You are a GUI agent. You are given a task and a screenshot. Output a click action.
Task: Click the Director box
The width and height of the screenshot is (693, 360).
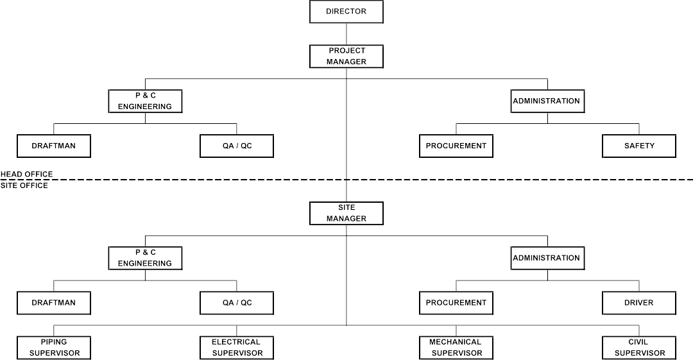click(346, 12)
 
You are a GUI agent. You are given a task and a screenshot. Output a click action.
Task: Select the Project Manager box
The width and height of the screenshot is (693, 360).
click(346, 56)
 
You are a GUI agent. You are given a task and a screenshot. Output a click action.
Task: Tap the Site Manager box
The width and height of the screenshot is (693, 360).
click(346, 213)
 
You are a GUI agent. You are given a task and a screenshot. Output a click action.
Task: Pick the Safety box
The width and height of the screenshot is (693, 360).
click(639, 146)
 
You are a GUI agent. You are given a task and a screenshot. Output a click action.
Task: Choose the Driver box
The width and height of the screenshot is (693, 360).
click(639, 303)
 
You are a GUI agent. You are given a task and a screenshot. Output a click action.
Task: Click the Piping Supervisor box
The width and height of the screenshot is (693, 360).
click(53, 348)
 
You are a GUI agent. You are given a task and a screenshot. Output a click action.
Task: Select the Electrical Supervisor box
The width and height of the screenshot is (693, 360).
click(237, 348)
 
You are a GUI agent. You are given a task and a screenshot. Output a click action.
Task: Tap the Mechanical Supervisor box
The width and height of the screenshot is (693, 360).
click(456, 348)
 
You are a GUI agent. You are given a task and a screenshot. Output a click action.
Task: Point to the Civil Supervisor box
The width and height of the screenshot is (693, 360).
click(639, 348)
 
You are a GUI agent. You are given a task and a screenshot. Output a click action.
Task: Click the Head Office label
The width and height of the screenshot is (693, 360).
click(27, 174)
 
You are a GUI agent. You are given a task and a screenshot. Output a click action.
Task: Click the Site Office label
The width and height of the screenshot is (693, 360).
click(24, 185)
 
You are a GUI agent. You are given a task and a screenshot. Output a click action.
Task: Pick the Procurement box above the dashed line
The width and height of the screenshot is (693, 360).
click(456, 146)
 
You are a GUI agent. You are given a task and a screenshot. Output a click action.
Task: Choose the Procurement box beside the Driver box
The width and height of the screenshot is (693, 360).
click(456, 303)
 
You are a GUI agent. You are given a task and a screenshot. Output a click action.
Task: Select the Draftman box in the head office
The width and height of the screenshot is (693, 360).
click(53, 146)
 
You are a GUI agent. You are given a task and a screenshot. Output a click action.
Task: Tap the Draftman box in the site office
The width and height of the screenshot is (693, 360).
click(53, 303)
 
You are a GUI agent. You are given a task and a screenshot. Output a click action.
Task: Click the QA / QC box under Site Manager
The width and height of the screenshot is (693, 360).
click(237, 303)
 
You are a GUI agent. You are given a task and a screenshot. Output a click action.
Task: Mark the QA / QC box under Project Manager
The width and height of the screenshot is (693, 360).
click(237, 146)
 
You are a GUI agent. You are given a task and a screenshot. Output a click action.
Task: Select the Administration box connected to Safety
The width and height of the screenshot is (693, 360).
click(547, 101)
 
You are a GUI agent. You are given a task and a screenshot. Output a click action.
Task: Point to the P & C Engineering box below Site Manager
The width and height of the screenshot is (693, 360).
click(145, 258)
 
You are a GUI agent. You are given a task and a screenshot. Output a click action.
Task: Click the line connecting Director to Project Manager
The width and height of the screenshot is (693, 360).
click(346, 34)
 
